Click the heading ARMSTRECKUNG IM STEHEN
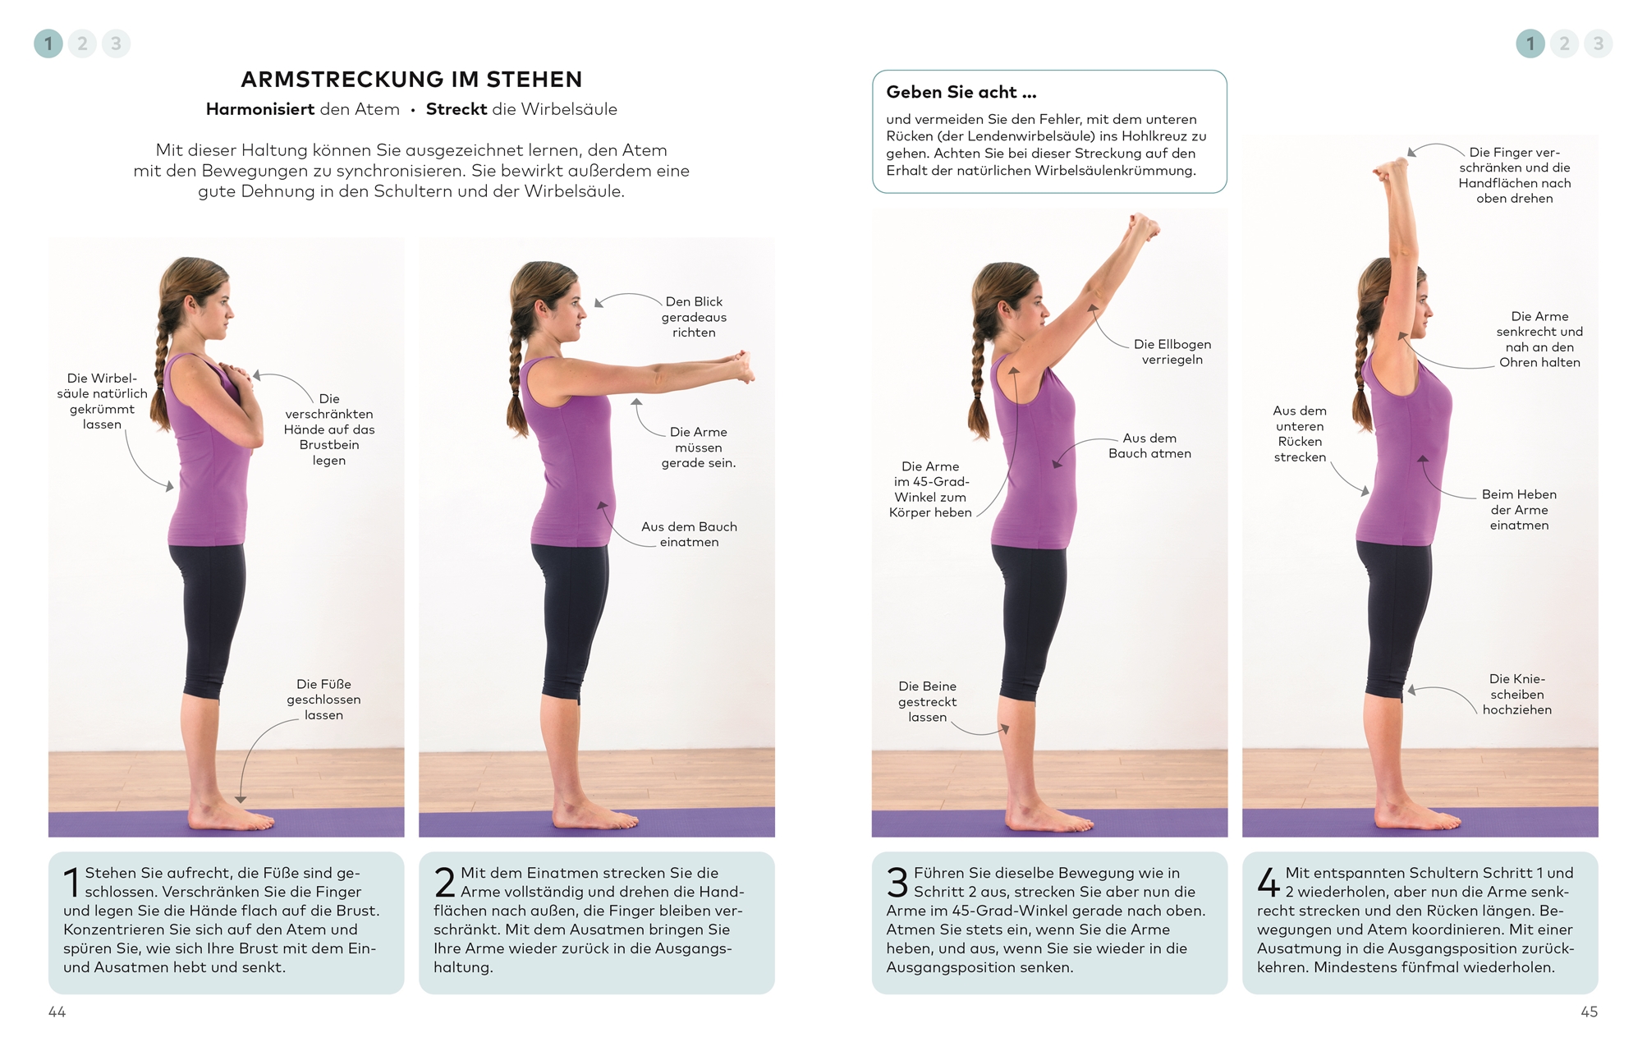point(411,80)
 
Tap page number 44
point(57,1012)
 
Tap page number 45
point(1589,1012)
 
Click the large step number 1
point(71,883)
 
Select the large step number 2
point(444,883)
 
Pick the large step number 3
point(897,883)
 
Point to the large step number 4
point(1269,883)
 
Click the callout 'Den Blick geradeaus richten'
point(694,317)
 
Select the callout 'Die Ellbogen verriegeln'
point(1172,351)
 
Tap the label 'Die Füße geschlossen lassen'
point(323,700)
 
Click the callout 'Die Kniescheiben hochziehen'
point(1516,694)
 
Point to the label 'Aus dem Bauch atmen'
point(1149,446)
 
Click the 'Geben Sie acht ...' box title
point(961,92)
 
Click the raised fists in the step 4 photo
point(1390,168)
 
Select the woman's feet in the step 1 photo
point(220,815)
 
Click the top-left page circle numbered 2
point(82,44)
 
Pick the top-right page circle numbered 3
point(1598,44)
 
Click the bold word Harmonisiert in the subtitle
point(261,109)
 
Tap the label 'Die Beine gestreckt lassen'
point(927,701)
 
